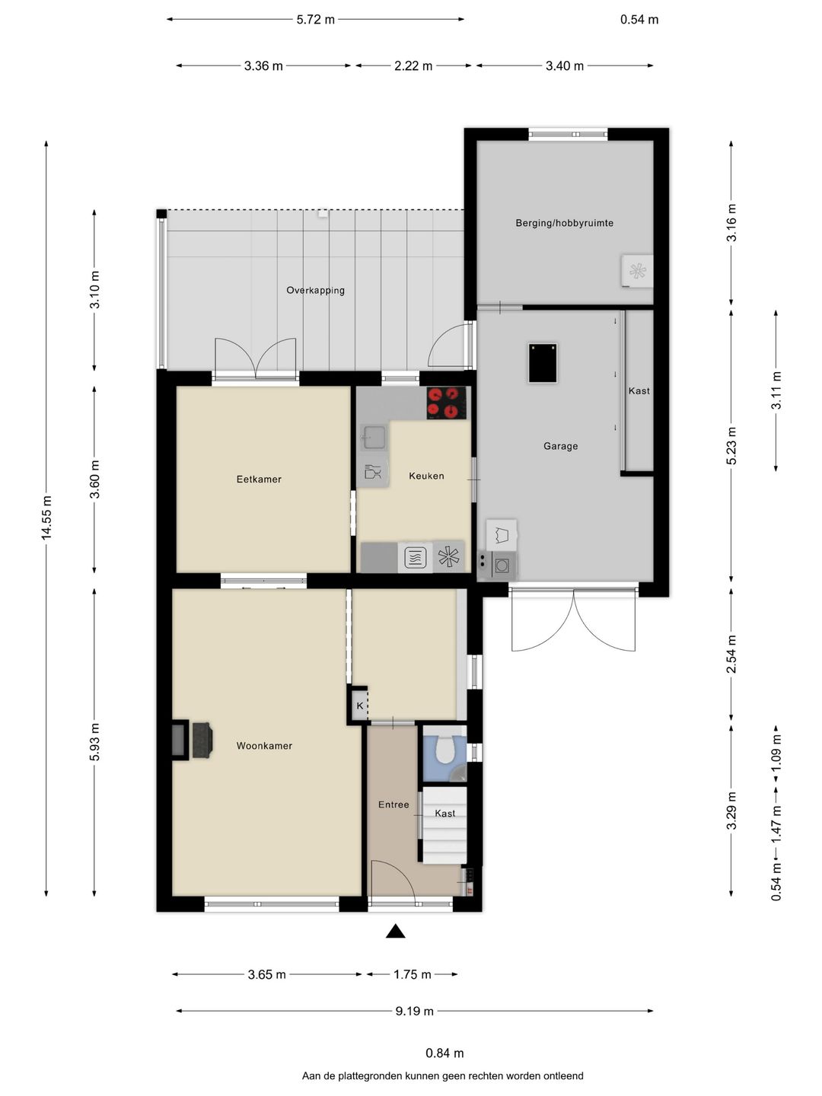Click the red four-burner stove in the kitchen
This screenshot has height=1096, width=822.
coord(448,403)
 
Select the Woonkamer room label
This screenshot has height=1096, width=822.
coord(264,746)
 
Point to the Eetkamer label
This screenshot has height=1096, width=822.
coord(259,479)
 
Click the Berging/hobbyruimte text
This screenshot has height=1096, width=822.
coord(565,223)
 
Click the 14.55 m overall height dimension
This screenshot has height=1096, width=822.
coord(46,518)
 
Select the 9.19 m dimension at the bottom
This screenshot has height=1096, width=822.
coord(415,1011)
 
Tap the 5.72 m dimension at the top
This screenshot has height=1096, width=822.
coord(315,20)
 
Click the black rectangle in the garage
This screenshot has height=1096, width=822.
coord(543,363)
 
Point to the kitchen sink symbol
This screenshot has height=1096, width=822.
coord(373,438)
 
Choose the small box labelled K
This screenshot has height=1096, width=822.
coord(359,706)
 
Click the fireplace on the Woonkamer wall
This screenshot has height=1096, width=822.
coord(192,741)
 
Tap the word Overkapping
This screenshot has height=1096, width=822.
coord(315,290)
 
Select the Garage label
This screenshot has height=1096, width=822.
coord(560,446)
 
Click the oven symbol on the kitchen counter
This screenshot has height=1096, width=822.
coord(415,556)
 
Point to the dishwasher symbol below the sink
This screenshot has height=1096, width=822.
coord(373,472)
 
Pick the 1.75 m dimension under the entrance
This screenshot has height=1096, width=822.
coord(413,974)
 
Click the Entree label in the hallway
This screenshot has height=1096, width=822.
coord(393,804)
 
